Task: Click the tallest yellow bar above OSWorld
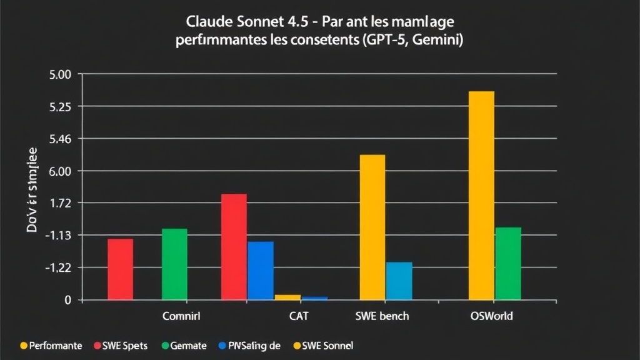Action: [481, 195]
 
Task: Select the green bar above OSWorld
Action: [508, 263]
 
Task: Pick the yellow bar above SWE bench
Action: [372, 227]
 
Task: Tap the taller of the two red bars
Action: [234, 247]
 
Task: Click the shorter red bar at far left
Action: [120, 269]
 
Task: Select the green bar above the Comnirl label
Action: [174, 264]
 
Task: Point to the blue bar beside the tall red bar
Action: [261, 270]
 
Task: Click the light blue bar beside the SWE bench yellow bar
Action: [399, 281]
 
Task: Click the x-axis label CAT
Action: [299, 316]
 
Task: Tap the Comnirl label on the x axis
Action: [181, 316]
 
